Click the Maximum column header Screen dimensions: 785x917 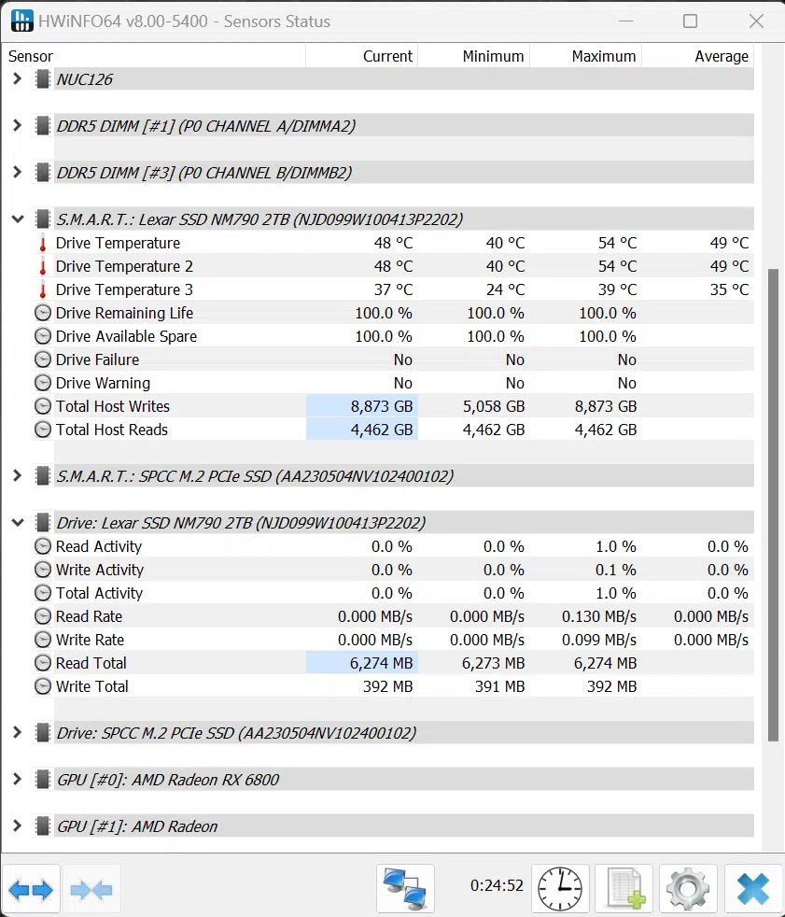[x=603, y=56]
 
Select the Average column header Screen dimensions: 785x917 [x=722, y=56]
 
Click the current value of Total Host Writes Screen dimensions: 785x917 [x=381, y=406]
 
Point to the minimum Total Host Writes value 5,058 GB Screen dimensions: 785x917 [x=494, y=406]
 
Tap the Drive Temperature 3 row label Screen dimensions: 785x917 [x=124, y=289]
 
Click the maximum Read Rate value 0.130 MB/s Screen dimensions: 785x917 [x=598, y=616]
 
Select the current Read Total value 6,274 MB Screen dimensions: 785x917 [x=381, y=663]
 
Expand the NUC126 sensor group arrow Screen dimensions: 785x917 [x=17, y=78]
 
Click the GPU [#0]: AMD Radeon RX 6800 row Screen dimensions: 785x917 [x=168, y=780]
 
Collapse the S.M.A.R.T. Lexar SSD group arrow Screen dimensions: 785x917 [x=18, y=219]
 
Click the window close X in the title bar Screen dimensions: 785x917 [x=756, y=21]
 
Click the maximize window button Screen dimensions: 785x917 [x=691, y=21]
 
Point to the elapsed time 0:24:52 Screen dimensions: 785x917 [x=497, y=885]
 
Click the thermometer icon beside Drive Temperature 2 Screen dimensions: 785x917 [x=43, y=267]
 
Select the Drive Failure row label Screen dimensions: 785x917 [x=97, y=360]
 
